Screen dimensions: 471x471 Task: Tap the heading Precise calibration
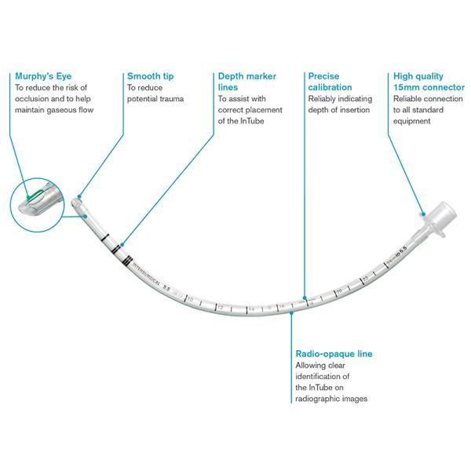(x=330, y=82)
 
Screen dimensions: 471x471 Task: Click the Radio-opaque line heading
(x=333, y=355)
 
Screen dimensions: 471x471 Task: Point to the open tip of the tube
(x=77, y=202)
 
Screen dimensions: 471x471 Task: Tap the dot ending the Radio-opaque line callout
(x=291, y=312)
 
